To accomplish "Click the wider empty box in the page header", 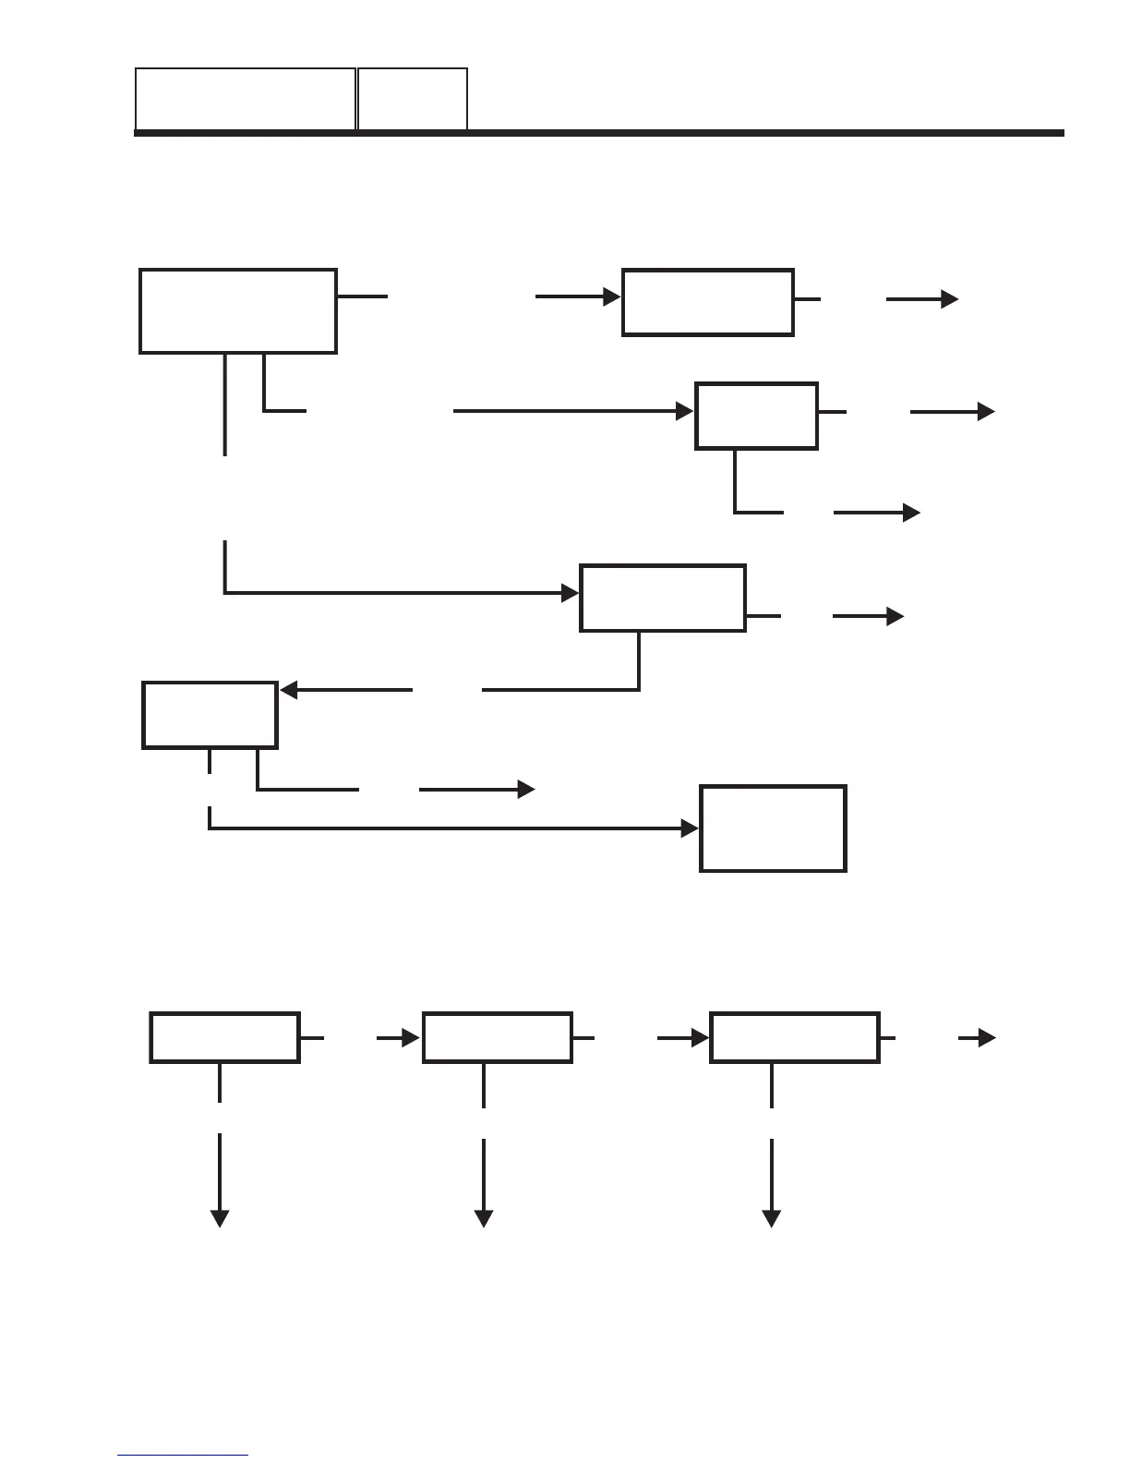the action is click(x=246, y=99).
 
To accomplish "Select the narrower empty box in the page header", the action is click(x=412, y=99).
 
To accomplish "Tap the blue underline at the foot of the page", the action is click(x=183, y=1456).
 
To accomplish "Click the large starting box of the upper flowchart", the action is click(x=237, y=311).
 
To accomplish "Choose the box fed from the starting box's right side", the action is click(x=707, y=302).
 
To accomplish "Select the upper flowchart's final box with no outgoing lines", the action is click(x=773, y=828).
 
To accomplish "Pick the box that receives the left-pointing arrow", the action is click(x=210, y=715).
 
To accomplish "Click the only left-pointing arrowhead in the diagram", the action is click(x=288, y=690).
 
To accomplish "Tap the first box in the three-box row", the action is click(x=224, y=1038).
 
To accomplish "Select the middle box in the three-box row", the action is click(x=497, y=1038).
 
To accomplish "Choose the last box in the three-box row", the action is click(x=794, y=1038).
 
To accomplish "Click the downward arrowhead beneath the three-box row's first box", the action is click(x=220, y=1219).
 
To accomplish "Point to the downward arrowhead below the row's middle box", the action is click(x=483, y=1219).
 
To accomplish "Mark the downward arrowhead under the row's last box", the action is click(x=771, y=1219).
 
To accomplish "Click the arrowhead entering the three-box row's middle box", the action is click(x=413, y=1038).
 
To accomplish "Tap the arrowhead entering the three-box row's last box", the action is click(x=701, y=1038).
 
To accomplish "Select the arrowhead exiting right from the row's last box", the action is click(x=988, y=1038).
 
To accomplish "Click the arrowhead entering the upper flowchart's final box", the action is click(x=691, y=829).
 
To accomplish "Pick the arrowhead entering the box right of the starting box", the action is click(x=612, y=297).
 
